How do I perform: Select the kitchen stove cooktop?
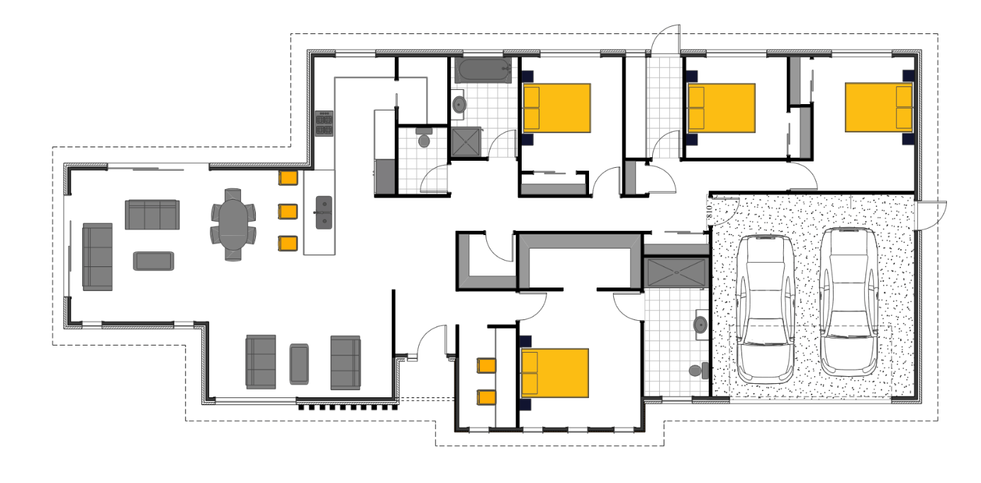(324, 124)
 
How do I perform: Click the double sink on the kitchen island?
(323, 212)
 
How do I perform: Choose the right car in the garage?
(848, 300)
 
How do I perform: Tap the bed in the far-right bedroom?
(878, 108)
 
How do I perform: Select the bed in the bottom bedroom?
(555, 372)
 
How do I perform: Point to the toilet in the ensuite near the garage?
(698, 370)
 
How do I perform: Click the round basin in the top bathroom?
(459, 106)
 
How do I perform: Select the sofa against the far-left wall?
(97, 256)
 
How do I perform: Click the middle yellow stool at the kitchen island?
(288, 211)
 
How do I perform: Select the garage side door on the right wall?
(931, 215)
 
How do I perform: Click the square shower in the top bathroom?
(466, 142)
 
